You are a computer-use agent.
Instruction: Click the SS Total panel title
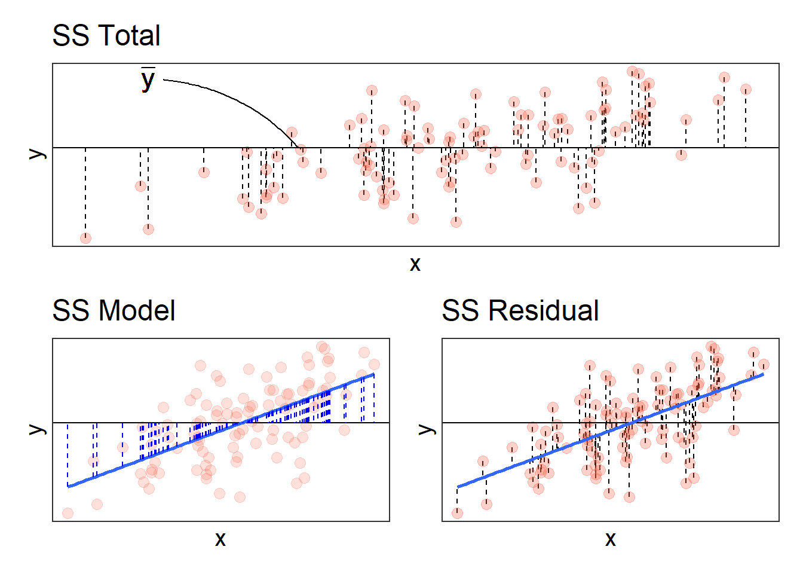(x=106, y=36)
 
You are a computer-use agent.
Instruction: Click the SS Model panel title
(x=114, y=311)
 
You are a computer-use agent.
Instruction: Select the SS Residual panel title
(x=520, y=311)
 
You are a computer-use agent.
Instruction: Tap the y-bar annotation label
(x=148, y=80)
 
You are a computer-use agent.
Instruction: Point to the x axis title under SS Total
(x=415, y=264)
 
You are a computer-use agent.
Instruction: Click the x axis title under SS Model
(x=220, y=539)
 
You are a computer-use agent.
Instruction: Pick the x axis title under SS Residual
(x=610, y=539)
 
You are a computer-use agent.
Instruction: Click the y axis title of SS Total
(x=38, y=154)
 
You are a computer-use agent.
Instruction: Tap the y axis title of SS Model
(x=38, y=429)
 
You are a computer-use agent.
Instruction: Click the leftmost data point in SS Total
(x=85, y=238)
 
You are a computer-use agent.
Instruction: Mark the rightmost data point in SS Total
(x=746, y=90)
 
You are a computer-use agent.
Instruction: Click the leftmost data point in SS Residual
(x=457, y=513)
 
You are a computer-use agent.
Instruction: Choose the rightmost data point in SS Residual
(x=763, y=364)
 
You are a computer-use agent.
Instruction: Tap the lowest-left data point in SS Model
(x=68, y=513)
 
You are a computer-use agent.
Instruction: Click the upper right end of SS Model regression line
(x=373, y=374)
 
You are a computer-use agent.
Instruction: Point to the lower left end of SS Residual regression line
(x=458, y=487)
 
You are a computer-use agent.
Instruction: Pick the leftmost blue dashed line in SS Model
(x=68, y=454)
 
